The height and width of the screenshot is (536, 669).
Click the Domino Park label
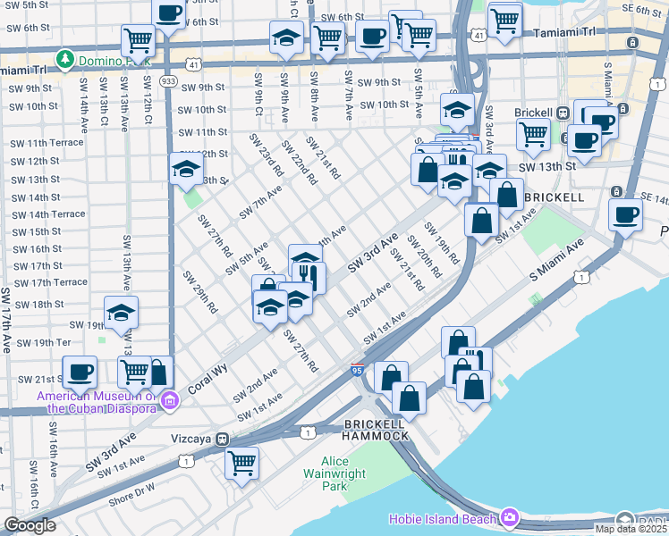[105, 59]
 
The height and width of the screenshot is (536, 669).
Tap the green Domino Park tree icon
[64, 59]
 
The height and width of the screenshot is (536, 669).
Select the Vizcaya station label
[194, 440]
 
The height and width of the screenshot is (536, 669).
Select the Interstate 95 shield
[356, 370]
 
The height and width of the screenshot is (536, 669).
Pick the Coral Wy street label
[207, 379]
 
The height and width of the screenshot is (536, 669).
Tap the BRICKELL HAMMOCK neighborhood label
[377, 429]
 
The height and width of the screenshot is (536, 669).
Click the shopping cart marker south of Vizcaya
[241, 463]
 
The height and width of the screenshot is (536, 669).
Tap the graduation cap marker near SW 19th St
[122, 312]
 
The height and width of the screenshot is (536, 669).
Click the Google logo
[30, 525]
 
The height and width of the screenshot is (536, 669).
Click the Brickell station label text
[534, 113]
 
